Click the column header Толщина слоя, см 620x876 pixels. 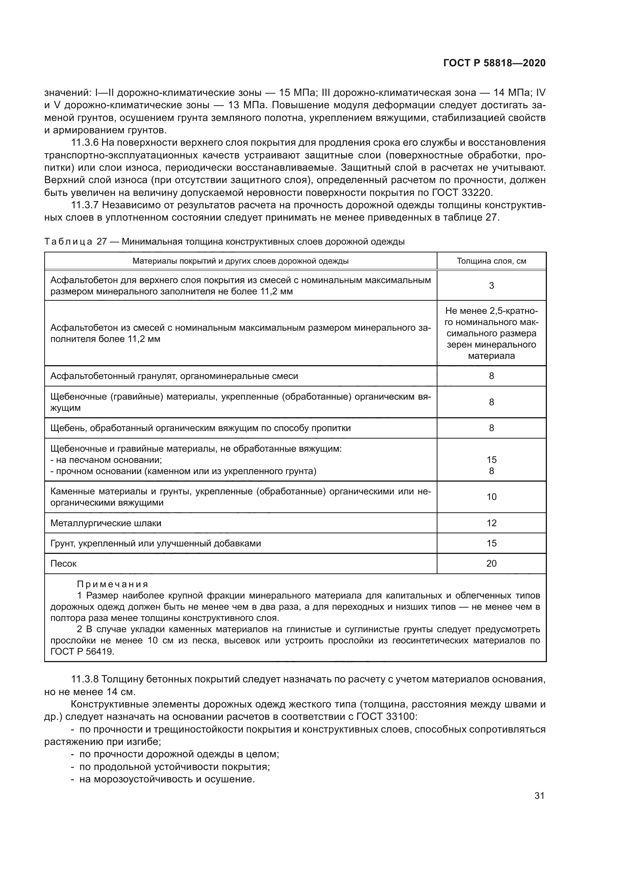pyautogui.click(x=491, y=261)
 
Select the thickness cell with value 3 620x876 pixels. pyautogui.click(x=491, y=286)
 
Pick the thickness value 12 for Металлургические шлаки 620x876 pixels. pyautogui.click(x=491, y=523)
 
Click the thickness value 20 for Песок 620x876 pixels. pyautogui.click(x=491, y=564)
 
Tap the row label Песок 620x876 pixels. pyautogui.click(x=63, y=564)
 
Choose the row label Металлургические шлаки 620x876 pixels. pyautogui.click(x=106, y=523)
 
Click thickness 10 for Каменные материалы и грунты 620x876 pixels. pyautogui.click(x=491, y=497)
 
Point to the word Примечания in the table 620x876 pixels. pyautogui.click(x=112, y=585)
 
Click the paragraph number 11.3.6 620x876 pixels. pyautogui.click(x=85, y=143)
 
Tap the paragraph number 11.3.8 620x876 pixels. pyautogui.click(x=85, y=679)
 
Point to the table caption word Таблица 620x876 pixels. pyautogui.click(x=68, y=242)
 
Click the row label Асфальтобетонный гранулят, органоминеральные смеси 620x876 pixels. pyautogui.click(x=174, y=376)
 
